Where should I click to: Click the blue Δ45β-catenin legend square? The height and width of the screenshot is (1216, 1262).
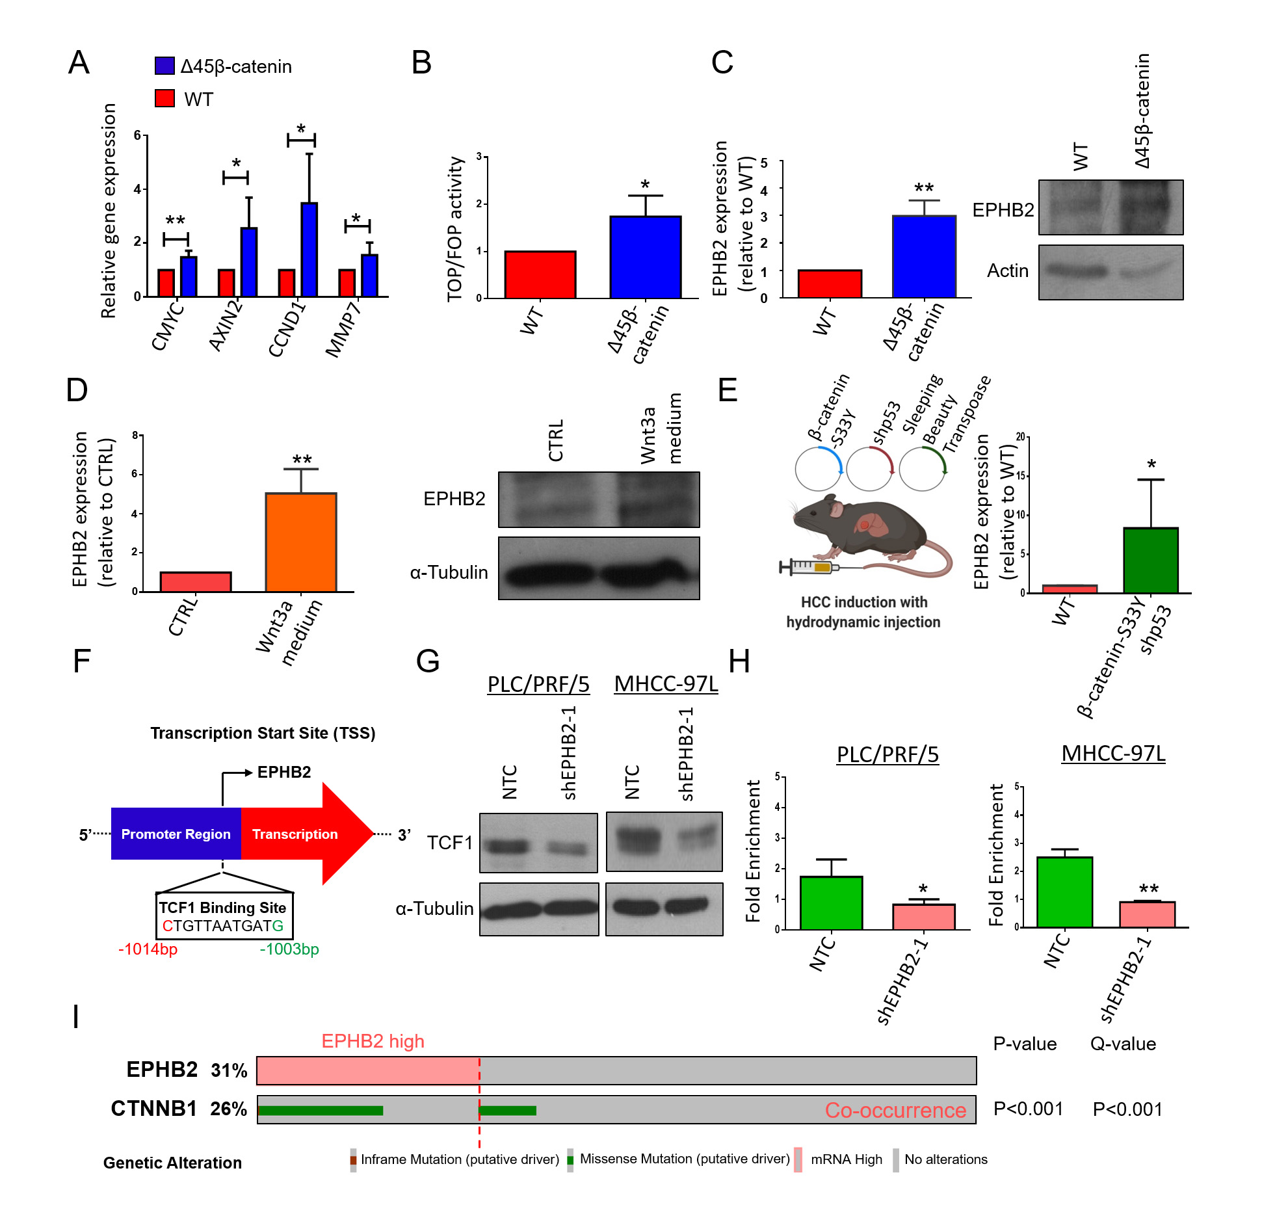click(164, 66)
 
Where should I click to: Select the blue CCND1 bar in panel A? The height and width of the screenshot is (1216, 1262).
click(309, 250)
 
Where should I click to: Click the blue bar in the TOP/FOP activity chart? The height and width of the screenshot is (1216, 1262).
click(645, 257)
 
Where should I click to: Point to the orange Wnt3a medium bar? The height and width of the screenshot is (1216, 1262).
click(300, 542)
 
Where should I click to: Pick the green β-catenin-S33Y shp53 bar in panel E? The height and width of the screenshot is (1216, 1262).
click(1150, 560)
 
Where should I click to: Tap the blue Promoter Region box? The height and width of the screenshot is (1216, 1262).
click(176, 834)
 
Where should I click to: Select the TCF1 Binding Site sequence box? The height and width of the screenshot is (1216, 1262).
click(223, 916)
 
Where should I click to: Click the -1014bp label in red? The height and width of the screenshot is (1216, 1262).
click(148, 949)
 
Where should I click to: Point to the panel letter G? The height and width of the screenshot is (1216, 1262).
click(428, 661)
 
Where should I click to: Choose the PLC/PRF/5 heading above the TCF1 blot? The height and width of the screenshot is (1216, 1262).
click(538, 684)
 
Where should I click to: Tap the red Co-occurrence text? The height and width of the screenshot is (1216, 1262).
click(895, 1110)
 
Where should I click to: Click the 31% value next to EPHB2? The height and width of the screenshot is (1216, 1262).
click(229, 1070)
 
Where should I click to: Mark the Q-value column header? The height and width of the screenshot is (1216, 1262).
click(1123, 1044)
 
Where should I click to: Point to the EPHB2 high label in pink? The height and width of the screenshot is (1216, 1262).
click(373, 1041)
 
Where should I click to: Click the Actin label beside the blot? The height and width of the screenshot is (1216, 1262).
click(1007, 271)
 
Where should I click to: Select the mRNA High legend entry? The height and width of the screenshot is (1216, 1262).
click(846, 1159)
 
